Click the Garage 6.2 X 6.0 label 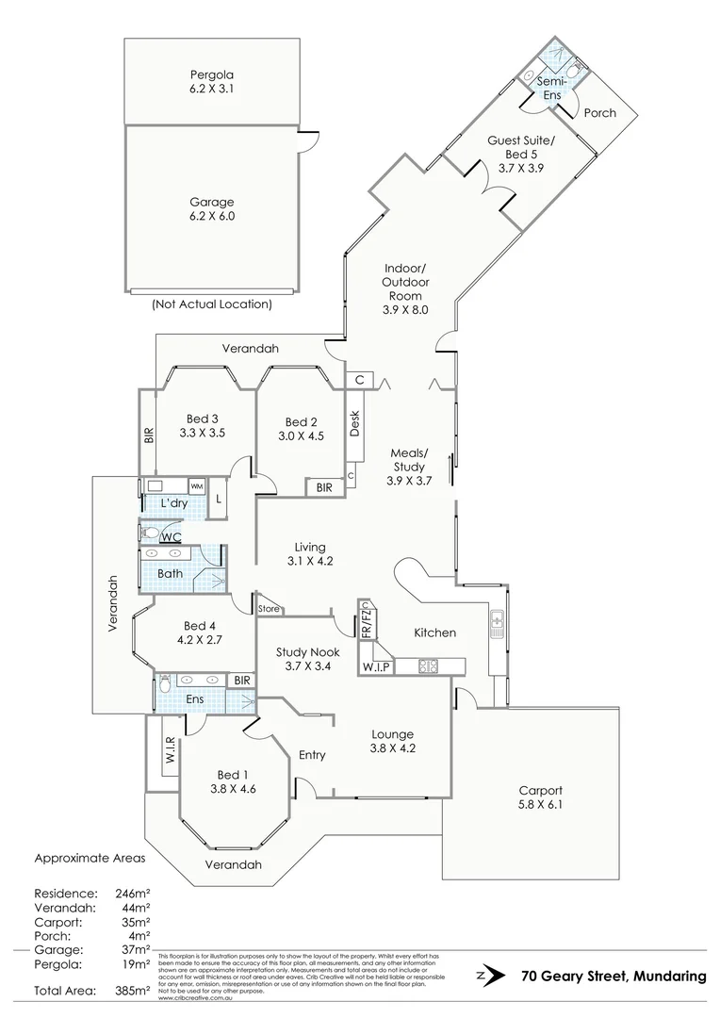click(211, 208)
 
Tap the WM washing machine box click(197, 485)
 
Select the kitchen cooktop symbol click(429, 666)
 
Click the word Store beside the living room click(270, 609)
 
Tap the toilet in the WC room click(151, 533)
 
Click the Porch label click(599, 112)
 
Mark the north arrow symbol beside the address click(485, 976)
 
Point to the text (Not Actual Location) click(211, 304)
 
